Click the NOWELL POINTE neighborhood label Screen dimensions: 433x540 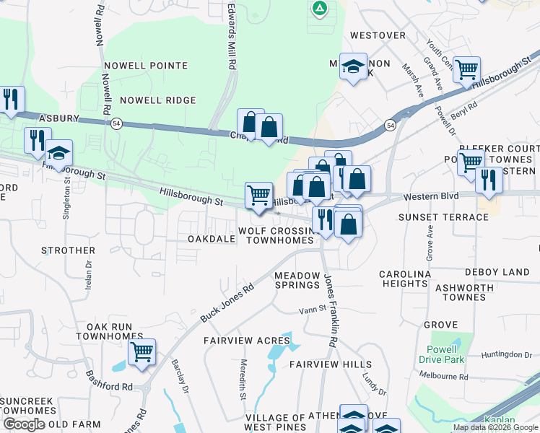[146, 66]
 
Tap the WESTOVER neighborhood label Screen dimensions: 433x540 [378, 35]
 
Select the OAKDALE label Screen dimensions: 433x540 [212, 238]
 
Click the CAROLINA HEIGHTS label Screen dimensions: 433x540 [405, 279]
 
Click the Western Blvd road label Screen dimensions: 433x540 [431, 196]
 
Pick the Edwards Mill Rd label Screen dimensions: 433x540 [232, 35]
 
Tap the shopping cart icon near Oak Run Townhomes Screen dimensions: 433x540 [142, 353]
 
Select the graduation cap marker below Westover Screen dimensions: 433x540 [353, 67]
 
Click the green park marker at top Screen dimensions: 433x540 [319, 9]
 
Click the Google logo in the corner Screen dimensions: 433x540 [23, 424]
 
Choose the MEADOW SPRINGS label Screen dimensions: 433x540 [297, 280]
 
